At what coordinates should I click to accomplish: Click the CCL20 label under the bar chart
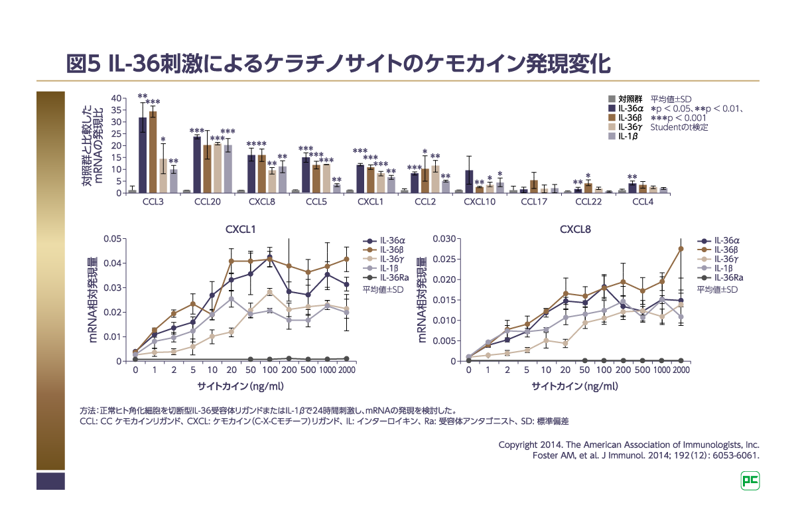208,201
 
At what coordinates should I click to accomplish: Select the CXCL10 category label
479,201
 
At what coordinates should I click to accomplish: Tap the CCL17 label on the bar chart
534,201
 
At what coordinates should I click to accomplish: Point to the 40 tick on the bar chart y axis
117,98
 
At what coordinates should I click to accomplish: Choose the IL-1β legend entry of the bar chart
627,136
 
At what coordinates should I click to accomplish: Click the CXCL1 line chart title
241,230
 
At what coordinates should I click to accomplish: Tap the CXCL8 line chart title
575,230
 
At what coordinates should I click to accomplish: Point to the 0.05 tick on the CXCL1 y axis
113,238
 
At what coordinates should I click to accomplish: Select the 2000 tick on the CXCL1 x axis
346,370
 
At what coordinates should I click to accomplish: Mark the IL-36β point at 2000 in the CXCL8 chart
681,249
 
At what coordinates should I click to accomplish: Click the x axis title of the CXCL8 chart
575,386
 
